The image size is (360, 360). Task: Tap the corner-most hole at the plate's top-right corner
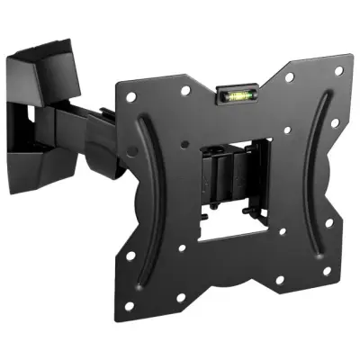[338, 69]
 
